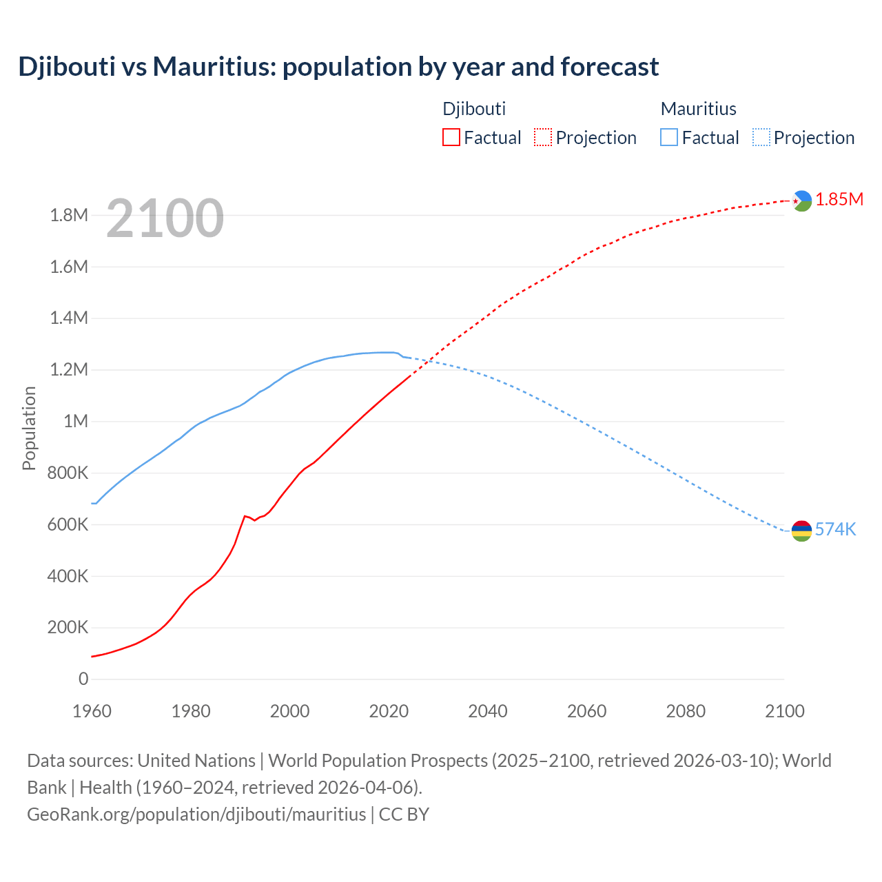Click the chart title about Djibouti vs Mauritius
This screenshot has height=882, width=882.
point(338,67)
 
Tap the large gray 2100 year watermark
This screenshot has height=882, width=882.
point(165,218)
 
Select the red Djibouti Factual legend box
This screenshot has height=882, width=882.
point(451,137)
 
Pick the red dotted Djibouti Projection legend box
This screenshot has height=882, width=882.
point(543,137)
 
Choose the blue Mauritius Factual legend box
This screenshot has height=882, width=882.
point(668,137)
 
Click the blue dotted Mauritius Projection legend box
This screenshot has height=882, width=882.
point(761,137)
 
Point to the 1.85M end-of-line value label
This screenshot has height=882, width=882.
point(839,200)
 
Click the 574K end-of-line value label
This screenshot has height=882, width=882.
point(835,529)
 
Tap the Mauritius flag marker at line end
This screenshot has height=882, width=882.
point(801,531)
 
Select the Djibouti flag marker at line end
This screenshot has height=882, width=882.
point(801,201)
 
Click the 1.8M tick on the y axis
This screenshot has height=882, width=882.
point(69,215)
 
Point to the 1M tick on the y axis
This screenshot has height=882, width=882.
point(76,421)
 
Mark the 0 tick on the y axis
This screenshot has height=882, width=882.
point(83,679)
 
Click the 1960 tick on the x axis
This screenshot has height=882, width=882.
point(92,711)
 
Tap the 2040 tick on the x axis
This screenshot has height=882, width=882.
point(488,711)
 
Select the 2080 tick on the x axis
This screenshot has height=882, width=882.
point(686,711)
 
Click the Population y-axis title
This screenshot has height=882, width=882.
point(29,428)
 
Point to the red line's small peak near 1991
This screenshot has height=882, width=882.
point(245,515)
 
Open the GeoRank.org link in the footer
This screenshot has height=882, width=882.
point(196,814)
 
